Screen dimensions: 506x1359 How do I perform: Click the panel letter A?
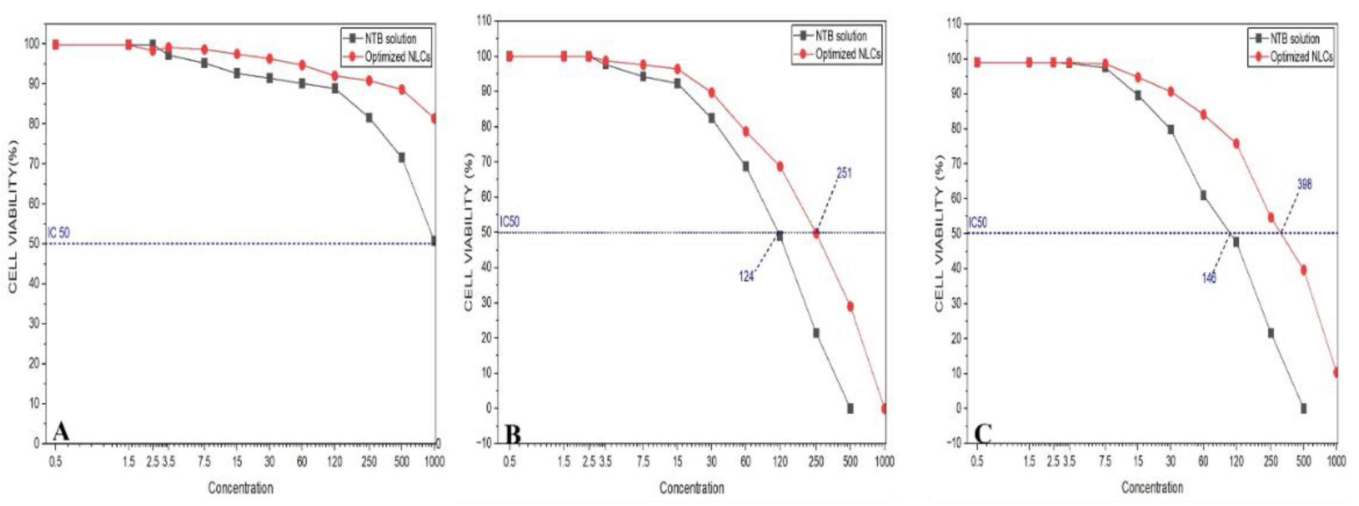click(61, 432)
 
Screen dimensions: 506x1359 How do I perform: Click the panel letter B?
click(513, 435)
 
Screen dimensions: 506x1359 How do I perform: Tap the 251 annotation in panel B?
click(844, 173)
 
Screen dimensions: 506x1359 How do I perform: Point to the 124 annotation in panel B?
click(746, 276)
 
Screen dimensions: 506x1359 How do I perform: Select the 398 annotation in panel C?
click(1304, 184)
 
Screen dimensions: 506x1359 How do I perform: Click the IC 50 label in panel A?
click(58, 233)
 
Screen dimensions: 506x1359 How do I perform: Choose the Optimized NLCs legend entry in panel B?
click(848, 54)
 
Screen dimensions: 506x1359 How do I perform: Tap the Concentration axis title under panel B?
click(691, 488)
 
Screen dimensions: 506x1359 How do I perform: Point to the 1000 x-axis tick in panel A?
click(434, 462)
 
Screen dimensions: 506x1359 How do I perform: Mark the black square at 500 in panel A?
click(402, 158)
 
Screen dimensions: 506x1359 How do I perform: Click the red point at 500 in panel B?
click(850, 307)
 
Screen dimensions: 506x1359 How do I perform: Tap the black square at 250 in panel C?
click(1271, 333)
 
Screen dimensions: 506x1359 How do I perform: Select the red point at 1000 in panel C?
click(1336, 373)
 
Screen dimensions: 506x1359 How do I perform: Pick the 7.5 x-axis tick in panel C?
click(1104, 462)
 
